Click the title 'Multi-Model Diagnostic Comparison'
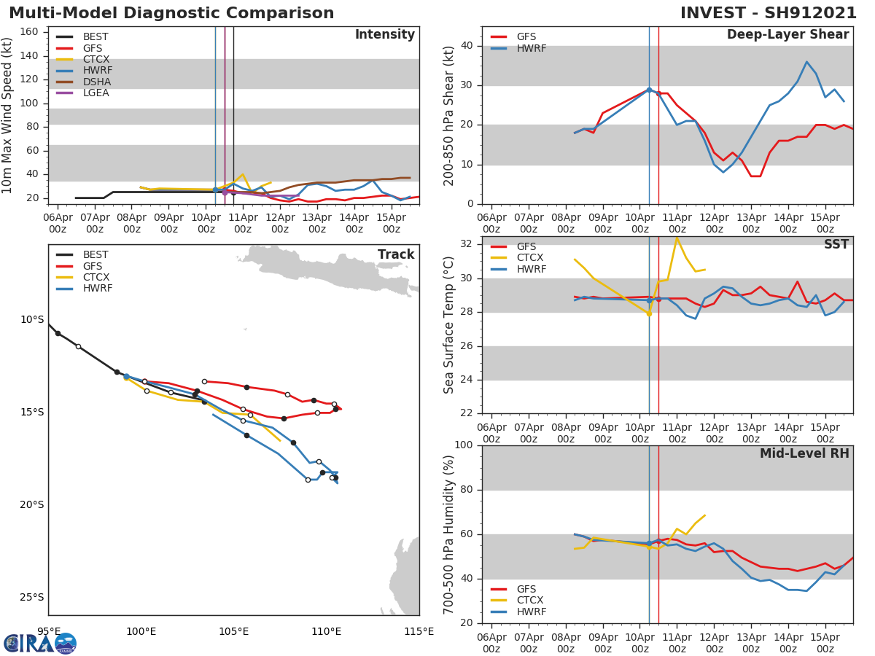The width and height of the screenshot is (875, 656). pyautogui.click(x=171, y=13)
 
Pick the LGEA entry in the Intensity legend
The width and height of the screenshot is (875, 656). pyautogui.click(x=96, y=93)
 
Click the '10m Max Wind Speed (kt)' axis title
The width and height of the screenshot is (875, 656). pyautogui.click(x=8, y=115)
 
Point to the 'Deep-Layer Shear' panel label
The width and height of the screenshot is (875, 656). pyautogui.click(x=787, y=35)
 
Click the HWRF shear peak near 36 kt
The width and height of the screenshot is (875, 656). pyautogui.click(x=806, y=62)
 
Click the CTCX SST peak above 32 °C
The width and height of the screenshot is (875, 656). pyautogui.click(x=677, y=238)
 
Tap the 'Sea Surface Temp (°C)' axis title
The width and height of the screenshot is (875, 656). pyautogui.click(x=449, y=324)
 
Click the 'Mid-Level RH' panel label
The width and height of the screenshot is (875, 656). pyautogui.click(x=804, y=453)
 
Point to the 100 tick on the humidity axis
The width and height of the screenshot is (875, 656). pyautogui.click(x=465, y=445)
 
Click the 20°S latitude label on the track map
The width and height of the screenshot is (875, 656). pyautogui.click(x=31, y=504)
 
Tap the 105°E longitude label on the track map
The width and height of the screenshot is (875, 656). pyautogui.click(x=233, y=631)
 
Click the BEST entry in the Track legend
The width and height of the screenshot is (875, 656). pyautogui.click(x=95, y=255)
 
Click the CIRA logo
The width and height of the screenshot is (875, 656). pyautogui.click(x=40, y=644)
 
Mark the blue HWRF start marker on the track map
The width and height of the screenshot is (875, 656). pyautogui.click(x=126, y=377)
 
